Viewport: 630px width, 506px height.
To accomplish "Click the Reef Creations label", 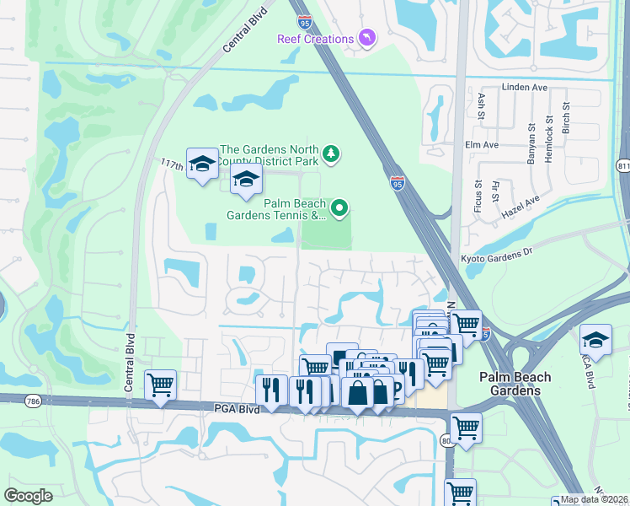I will coord(316,39).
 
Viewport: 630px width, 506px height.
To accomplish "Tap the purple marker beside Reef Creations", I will coord(366,38).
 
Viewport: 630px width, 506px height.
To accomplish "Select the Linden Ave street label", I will coord(525,87).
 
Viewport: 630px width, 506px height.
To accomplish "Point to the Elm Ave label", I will coord(481,145).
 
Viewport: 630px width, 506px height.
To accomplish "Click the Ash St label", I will coord(482,105).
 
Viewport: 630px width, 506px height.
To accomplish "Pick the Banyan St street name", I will coord(532,138).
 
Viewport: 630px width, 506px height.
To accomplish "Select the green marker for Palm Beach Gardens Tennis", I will coord(339,207).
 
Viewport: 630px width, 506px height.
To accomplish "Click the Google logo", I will coord(28,496).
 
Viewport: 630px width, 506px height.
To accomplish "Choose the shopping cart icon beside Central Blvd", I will coord(160,385).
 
